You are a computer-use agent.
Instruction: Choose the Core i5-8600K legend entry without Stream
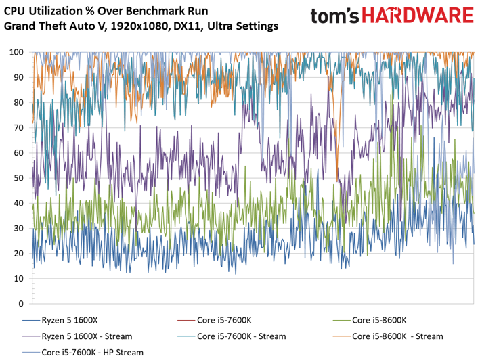385,320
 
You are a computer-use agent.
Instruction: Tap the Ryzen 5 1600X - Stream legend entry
87,336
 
